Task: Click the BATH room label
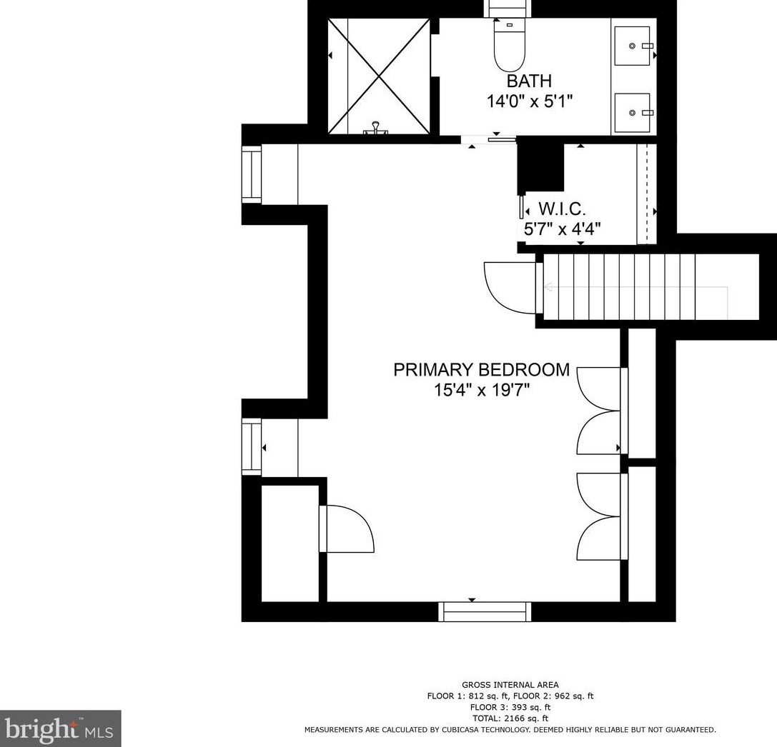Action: [529, 81]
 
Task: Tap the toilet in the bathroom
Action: [510, 46]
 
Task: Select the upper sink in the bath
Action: [633, 46]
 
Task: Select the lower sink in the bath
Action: [633, 113]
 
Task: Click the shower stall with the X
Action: [379, 76]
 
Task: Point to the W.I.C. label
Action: [562, 209]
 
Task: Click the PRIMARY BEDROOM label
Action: [481, 370]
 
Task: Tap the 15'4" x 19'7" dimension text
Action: [482, 391]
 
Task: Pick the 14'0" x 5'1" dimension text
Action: [529, 101]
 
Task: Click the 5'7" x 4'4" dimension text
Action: [563, 229]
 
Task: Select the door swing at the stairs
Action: [510, 288]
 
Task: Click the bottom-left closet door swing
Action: [347, 528]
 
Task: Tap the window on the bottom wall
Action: [485, 612]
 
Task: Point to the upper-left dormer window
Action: [252, 174]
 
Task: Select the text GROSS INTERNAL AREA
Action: [510, 685]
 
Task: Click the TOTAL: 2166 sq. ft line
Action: [510, 718]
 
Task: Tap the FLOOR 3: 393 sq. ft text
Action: [510, 708]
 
